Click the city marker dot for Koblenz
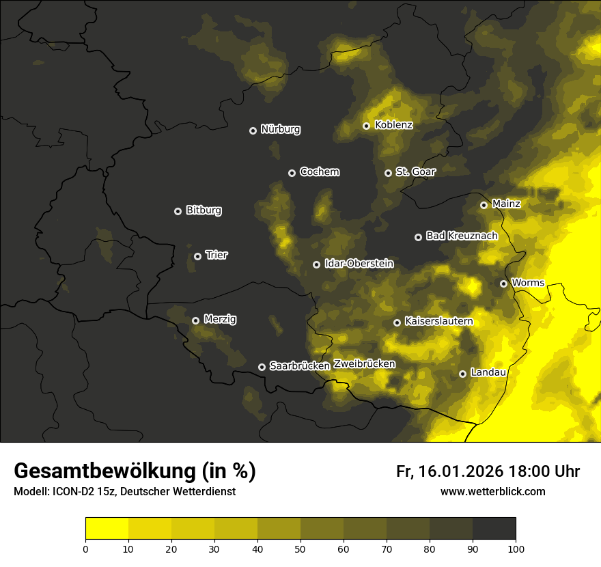click(x=366, y=126)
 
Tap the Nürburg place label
click(x=280, y=129)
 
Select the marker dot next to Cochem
click(x=292, y=173)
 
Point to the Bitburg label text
click(x=204, y=210)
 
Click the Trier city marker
click(x=197, y=256)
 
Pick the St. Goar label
click(x=415, y=172)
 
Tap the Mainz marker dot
click(x=484, y=205)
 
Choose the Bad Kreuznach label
click(x=462, y=236)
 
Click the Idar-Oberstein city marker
click(x=316, y=264)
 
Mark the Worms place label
click(x=527, y=283)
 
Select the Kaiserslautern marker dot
click(x=397, y=322)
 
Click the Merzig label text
click(x=220, y=319)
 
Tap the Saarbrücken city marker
click(x=262, y=367)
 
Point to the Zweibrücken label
click(x=364, y=364)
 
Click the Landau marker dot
click(x=462, y=374)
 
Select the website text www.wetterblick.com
click(x=492, y=492)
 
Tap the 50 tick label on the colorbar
click(x=300, y=548)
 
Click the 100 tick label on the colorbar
click(x=515, y=548)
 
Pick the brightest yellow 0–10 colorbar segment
click(x=107, y=529)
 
